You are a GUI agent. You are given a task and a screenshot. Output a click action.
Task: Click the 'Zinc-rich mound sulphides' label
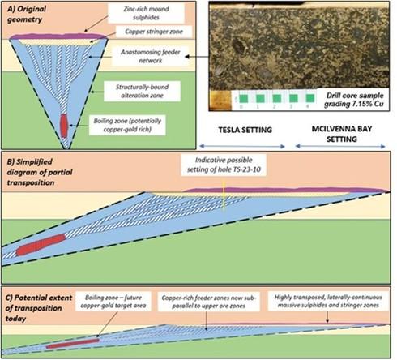click(146, 13)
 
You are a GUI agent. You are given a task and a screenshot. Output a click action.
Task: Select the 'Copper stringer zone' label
click(154, 32)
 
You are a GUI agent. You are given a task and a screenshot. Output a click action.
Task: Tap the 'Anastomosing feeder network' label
click(150, 56)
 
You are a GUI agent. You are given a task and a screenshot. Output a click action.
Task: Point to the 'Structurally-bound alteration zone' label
click(142, 91)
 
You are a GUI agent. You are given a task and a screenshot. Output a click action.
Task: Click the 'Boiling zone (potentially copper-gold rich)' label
click(127, 125)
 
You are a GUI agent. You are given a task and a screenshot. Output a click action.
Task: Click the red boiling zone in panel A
click(63, 126)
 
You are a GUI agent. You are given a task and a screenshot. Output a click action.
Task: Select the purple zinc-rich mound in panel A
click(58, 36)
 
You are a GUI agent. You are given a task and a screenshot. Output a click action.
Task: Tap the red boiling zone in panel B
click(41, 245)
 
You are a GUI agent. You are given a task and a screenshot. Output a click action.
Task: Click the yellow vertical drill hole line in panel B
click(224, 196)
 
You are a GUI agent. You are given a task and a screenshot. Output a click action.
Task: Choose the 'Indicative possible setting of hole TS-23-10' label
click(224, 165)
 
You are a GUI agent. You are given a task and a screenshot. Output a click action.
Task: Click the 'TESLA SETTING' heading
click(245, 130)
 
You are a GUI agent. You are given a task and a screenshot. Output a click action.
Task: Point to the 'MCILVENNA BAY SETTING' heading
click(342, 134)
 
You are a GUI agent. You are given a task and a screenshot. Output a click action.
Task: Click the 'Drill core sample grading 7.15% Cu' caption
click(355, 100)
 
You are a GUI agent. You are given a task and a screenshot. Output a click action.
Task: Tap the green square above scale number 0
click(244, 98)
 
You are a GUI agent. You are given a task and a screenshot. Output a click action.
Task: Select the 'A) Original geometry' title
click(26, 14)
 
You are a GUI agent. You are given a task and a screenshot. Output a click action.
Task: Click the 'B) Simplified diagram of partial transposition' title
click(40, 172)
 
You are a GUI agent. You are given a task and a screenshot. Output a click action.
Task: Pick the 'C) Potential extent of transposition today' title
click(39, 308)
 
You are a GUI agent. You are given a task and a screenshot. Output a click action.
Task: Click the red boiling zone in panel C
click(72, 343)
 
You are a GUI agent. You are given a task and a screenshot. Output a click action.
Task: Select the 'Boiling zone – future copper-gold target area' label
click(113, 302)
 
